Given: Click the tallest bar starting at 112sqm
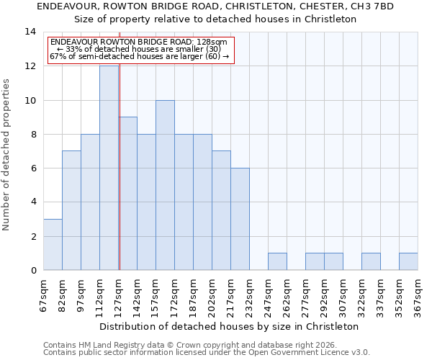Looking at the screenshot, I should (x=109, y=168).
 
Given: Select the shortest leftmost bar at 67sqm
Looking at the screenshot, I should (x=53, y=245).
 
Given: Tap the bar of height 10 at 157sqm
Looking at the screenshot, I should (x=165, y=185).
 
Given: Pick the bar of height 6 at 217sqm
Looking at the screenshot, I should (x=240, y=219).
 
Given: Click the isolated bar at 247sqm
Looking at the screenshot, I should (x=277, y=261).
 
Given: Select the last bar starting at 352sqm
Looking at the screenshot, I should (x=408, y=261).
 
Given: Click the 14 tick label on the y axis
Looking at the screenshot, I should (x=30, y=32).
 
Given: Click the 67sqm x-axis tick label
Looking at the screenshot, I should (x=44, y=295).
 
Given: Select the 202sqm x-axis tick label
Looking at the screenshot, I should (x=212, y=295).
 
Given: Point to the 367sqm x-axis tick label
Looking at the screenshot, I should (x=418, y=295).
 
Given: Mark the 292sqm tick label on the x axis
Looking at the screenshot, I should (x=325, y=295).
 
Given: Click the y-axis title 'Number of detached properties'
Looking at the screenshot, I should (x=7, y=154).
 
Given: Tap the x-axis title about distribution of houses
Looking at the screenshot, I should (x=229, y=326).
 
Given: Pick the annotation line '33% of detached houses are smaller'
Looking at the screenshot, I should (x=142, y=49).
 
